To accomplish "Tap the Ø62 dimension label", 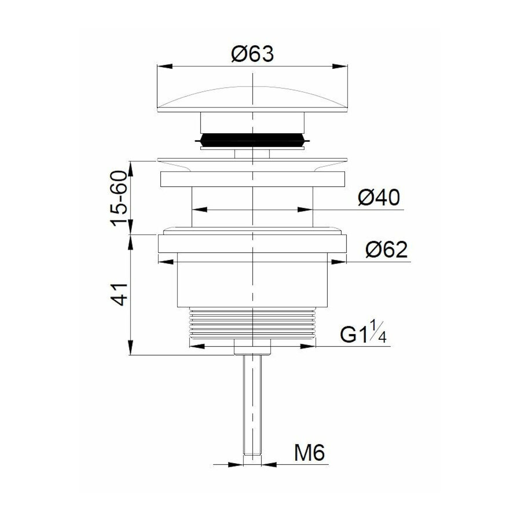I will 387,250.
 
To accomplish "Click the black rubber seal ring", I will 252,141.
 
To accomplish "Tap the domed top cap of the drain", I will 252,98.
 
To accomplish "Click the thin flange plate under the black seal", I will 252,159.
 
